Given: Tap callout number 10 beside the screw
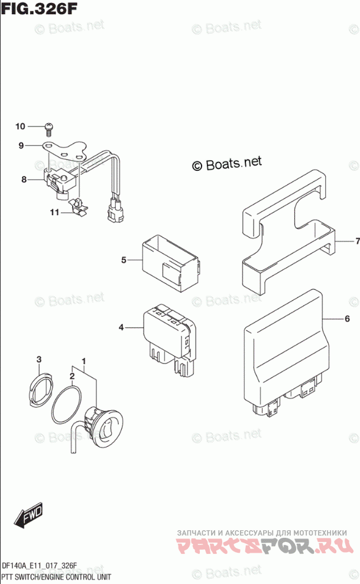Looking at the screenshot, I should click(20, 126).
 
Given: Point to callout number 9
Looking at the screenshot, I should click(21, 145).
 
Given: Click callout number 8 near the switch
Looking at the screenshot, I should click(24, 180).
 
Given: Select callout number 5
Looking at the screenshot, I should click(124, 259).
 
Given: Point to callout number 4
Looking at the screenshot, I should click(121, 327).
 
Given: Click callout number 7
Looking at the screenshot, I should click(357, 241).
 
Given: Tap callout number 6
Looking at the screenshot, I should click(348, 319).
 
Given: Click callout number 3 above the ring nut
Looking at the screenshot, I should click(39, 360).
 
